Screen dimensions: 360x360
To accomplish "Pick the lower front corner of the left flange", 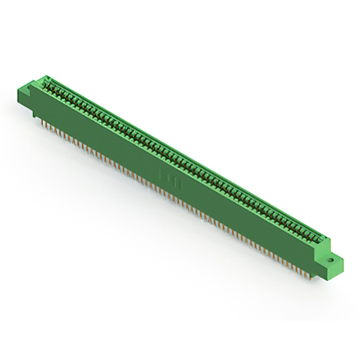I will [x=34, y=105].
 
